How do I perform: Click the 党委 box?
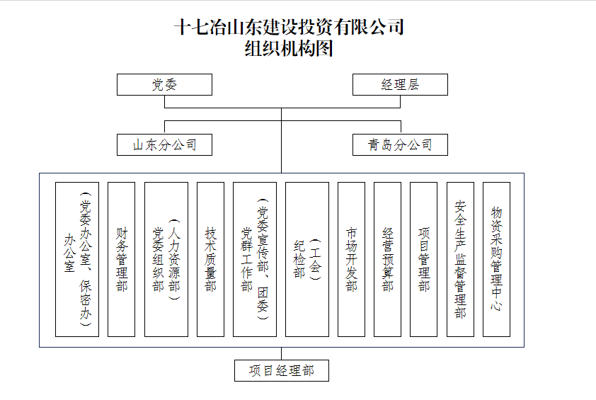[x=164, y=84]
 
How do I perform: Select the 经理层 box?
[x=400, y=84]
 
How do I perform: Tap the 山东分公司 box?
[x=164, y=144]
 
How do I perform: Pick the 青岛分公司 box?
[x=400, y=144]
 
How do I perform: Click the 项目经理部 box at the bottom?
[x=281, y=370]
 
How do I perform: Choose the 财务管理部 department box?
[x=121, y=259]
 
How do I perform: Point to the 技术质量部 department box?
[x=210, y=259]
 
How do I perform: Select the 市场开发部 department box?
[x=351, y=259]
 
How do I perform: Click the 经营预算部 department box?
[x=387, y=259]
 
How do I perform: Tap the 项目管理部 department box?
[x=423, y=259]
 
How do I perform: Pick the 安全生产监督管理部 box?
[x=460, y=259]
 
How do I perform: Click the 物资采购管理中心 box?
[x=496, y=259]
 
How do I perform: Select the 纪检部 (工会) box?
[x=307, y=259]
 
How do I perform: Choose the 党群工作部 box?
[x=255, y=259]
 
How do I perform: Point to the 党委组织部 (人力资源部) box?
[x=166, y=259]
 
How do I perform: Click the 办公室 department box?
[x=77, y=259]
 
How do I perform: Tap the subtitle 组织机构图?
[x=289, y=49]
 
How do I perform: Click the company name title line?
[x=289, y=27]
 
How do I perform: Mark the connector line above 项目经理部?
[x=281, y=353]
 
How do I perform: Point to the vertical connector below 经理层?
[x=400, y=101]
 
